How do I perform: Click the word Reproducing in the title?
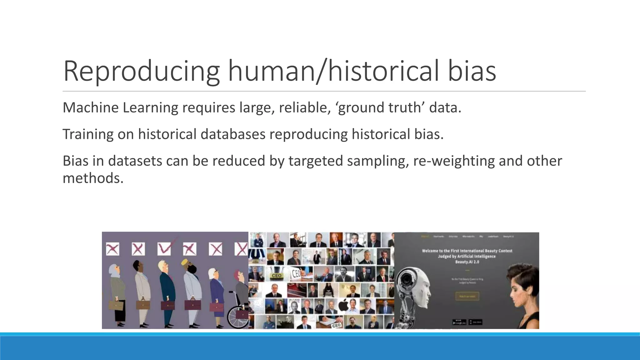coord(141,71)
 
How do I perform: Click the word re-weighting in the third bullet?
coord(454,161)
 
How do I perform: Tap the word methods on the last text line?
coord(93,178)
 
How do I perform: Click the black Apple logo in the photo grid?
coord(343,305)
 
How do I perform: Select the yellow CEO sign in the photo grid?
coord(276,276)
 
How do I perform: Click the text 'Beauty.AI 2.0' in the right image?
coord(467,262)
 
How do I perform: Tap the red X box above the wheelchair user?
coord(241,249)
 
